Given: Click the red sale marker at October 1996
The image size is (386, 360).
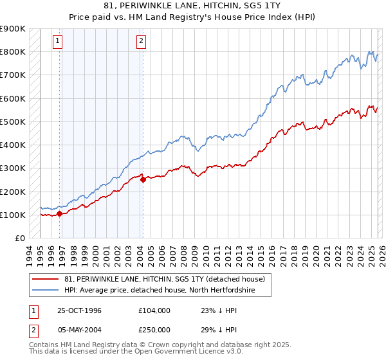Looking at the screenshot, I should [60, 214].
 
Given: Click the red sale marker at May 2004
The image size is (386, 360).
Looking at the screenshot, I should [143, 180].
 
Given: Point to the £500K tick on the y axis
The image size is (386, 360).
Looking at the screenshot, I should [13, 122].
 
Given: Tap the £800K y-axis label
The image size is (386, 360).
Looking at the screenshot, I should [13, 51].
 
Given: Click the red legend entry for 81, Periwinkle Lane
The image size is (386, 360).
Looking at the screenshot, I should [169, 279].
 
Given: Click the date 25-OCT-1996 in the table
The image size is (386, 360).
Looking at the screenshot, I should [80, 310].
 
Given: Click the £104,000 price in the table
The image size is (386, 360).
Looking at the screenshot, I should [154, 310].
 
